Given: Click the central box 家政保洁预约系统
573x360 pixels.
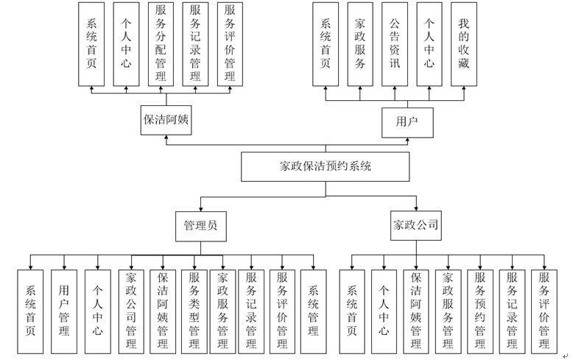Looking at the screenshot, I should coord(326,166).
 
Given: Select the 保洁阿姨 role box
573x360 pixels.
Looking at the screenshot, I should coord(166,121).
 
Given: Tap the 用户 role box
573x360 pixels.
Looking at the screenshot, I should coord(407,122).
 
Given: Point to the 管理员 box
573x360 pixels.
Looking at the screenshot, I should coord(200,226).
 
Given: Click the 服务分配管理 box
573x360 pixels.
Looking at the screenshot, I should coord(161,44).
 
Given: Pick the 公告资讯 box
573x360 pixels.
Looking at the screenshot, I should coord(395,44).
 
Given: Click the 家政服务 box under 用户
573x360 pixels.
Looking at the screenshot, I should coord(360,44).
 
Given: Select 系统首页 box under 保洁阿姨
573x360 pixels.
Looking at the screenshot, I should coord(91,44).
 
